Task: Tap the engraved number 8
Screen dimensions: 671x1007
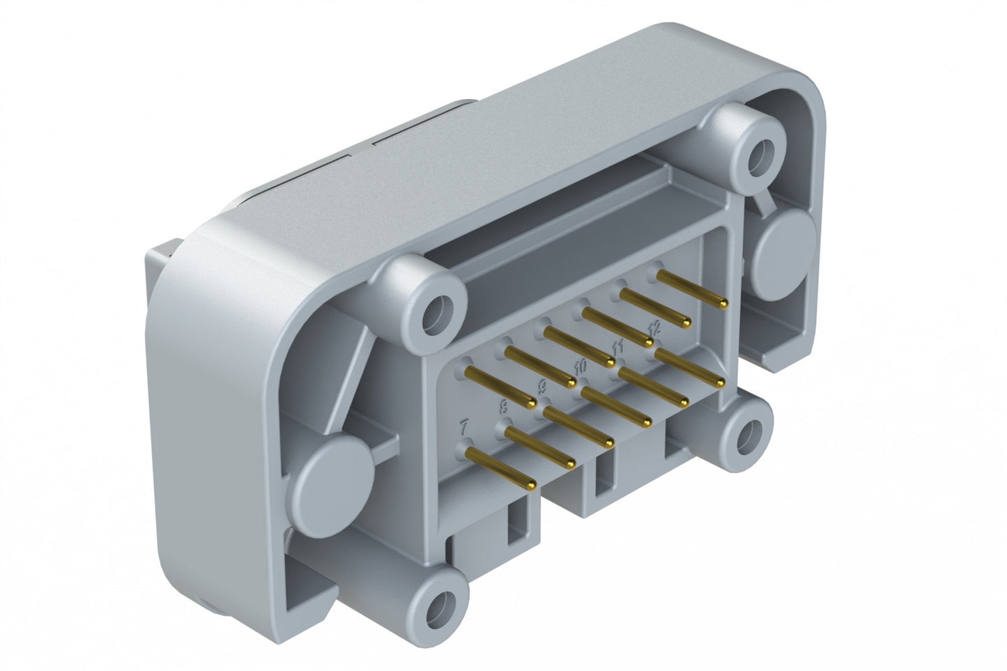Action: pos(505,406)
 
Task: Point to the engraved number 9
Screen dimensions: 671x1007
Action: pos(544,385)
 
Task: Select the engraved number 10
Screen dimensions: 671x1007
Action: pos(580,365)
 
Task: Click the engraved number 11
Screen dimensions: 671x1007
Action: pos(617,346)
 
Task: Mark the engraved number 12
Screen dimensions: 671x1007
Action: pos(654,327)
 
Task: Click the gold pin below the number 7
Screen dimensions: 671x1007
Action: pos(499,468)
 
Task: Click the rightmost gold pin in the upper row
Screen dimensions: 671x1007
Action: pos(691,289)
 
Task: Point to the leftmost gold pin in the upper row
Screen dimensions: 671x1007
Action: pos(499,384)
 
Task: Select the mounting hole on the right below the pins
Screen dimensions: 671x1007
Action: pos(746,435)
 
